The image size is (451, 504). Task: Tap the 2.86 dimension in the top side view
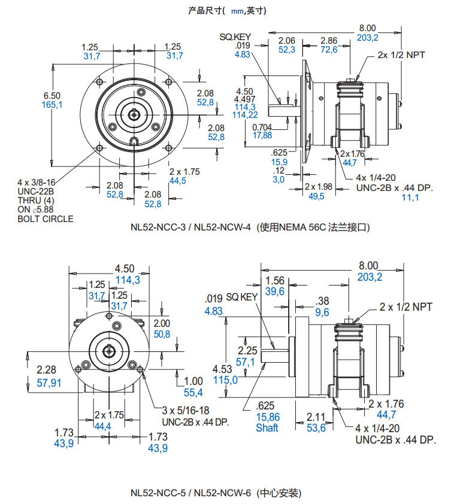click(329, 40)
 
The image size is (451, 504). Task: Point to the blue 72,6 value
click(329, 50)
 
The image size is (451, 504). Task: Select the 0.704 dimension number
click(262, 127)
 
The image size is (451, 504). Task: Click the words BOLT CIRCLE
click(46, 219)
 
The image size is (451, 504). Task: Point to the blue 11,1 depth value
click(410, 198)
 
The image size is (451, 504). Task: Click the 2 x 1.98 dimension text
click(318, 186)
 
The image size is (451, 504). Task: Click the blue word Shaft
click(267, 428)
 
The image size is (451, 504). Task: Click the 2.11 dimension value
click(315, 417)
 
